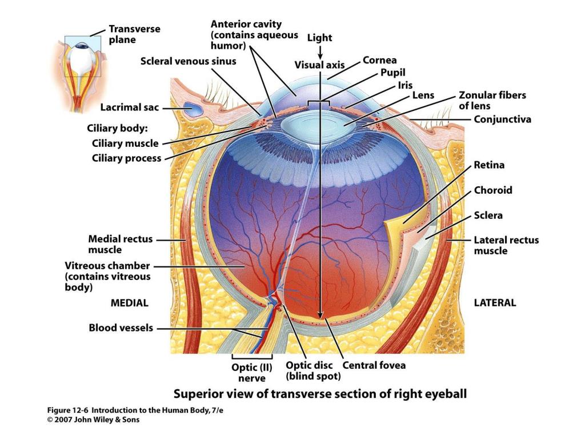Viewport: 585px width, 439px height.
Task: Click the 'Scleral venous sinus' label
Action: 188,61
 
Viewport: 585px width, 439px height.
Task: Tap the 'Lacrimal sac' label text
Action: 130,107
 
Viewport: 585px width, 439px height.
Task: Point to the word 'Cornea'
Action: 379,60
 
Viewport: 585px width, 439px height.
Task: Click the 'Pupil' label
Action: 392,73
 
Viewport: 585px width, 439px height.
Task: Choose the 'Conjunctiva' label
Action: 502,119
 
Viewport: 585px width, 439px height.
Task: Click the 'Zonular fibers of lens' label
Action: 492,101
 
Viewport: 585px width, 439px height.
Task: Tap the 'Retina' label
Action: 489,165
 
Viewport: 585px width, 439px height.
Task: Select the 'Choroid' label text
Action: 493,190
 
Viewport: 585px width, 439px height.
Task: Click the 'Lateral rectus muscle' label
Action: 506,245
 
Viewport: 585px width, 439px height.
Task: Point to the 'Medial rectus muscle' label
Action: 120,244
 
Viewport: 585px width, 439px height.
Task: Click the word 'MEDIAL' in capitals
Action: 129,303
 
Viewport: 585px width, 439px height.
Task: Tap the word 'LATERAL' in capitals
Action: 495,303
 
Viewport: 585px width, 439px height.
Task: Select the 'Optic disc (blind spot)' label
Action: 313,370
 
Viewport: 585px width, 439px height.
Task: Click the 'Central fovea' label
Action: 374,365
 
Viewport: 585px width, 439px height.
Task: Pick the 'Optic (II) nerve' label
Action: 252,373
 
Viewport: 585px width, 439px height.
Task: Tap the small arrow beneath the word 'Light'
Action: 320,51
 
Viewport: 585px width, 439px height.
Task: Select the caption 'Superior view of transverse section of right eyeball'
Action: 320,394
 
